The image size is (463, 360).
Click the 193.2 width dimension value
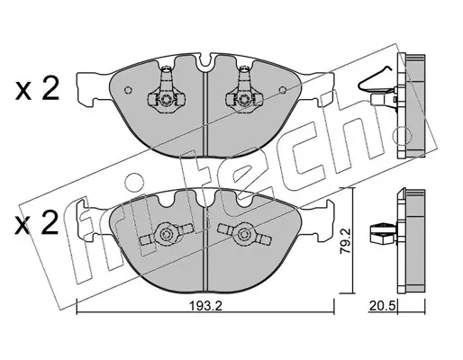(205, 306)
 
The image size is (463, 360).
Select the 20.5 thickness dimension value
(382, 306)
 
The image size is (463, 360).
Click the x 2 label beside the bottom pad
(37, 222)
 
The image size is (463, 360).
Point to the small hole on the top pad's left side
(128, 90)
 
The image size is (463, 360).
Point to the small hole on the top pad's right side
(283, 90)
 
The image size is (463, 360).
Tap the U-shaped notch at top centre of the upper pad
(205, 61)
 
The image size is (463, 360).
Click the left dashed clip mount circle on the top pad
(165, 99)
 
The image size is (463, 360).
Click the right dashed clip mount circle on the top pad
(242, 99)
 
